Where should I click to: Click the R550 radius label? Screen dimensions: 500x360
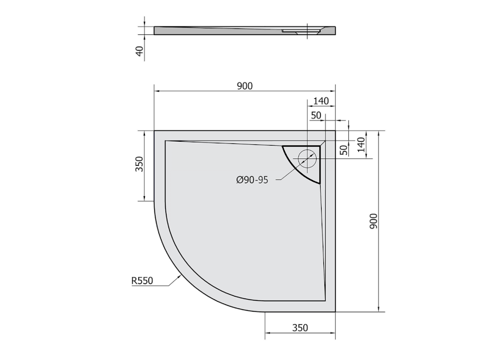(142, 281)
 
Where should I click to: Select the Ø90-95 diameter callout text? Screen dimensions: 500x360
(252, 180)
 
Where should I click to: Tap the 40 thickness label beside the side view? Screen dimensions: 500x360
(139, 51)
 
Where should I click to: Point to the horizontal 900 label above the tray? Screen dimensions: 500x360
(244, 86)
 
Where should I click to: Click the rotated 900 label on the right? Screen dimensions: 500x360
(373, 221)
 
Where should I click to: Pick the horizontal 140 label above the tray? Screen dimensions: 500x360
(321, 101)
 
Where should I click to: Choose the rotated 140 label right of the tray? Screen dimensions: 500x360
(361, 145)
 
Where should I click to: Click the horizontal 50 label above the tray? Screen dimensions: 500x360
(316, 116)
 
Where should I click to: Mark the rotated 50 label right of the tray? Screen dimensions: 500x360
(343, 150)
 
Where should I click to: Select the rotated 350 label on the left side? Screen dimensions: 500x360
(139, 164)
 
